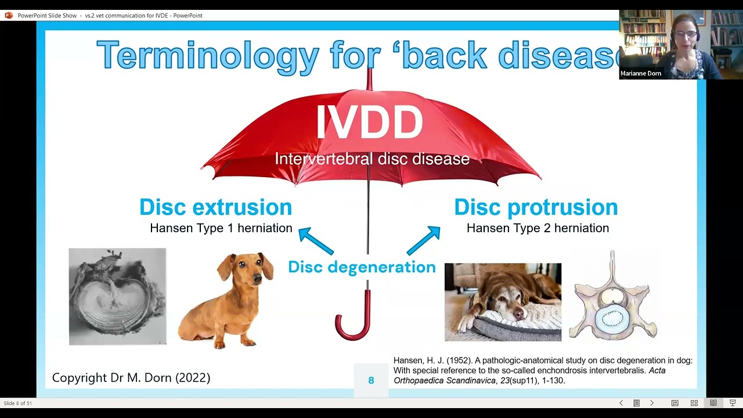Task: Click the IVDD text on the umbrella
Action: (x=369, y=122)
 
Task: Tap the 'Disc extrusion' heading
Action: (x=215, y=207)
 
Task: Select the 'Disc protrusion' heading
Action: (x=536, y=207)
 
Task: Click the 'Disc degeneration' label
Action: (x=362, y=267)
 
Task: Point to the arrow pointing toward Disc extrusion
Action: (x=315, y=241)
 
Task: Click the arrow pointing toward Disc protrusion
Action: (x=424, y=241)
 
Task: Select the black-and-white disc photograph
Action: (x=117, y=297)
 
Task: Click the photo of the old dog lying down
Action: (x=503, y=302)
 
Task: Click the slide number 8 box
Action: (x=371, y=380)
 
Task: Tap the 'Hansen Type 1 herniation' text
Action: (x=221, y=228)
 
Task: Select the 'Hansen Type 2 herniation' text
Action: (x=538, y=228)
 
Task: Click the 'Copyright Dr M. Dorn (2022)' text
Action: (x=131, y=378)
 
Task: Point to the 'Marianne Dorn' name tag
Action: (x=641, y=74)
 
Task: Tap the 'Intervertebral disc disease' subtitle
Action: (x=372, y=159)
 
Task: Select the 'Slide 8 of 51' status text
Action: (x=18, y=403)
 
